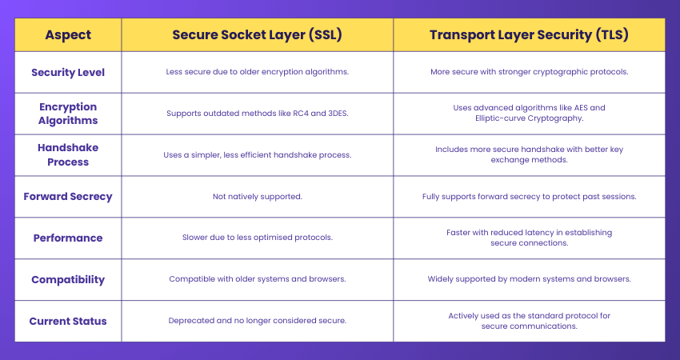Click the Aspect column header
[x=68, y=35]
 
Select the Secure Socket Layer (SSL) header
[x=257, y=35]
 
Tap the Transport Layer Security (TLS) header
[x=529, y=35]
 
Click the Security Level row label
[x=68, y=72]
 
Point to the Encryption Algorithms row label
[x=68, y=114]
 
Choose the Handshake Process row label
[x=68, y=155]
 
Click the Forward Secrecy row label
[x=68, y=197]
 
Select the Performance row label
[x=68, y=238]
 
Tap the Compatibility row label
[x=68, y=280]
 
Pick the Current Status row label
[x=68, y=322]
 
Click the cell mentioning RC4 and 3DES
[x=257, y=114]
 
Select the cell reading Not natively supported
[x=257, y=197]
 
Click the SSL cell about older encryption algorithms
[x=257, y=72]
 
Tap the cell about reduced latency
[x=529, y=238]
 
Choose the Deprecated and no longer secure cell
[x=257, y=321]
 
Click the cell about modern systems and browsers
[x=529, y=280]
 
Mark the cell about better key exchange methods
[x=529, y=154]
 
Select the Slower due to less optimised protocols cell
[x=257, y=238]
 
